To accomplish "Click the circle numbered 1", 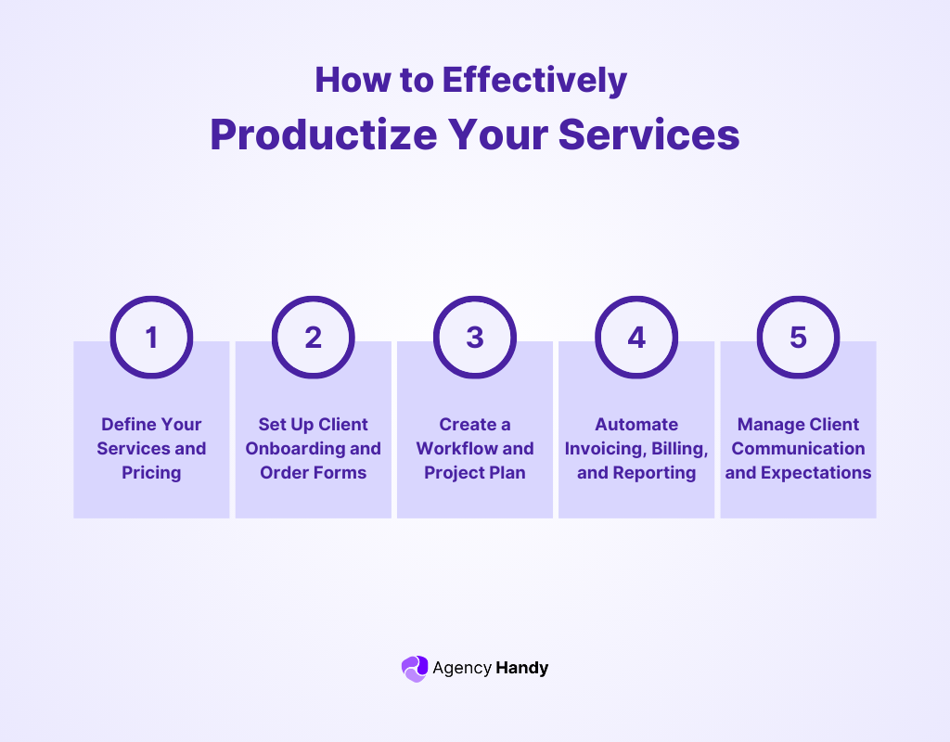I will click(x=151, y=337).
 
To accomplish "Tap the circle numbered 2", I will click(x=313, y=337).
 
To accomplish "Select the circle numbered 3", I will click(x=475, y=337).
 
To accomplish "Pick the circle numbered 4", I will click(x=636, y=337).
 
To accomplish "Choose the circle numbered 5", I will click(x=798, y=337).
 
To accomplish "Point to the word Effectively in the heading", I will click(x=534, y=80).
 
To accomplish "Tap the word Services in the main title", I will click(x=649, y=134).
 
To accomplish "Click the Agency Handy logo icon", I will click(x=414, y=668).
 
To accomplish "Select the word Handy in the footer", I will click(x=522, y=668).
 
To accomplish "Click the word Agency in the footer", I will click(x=462, y=668).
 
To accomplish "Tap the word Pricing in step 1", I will click(x=151, y=473).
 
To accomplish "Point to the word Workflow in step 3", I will click(x=451, y=449).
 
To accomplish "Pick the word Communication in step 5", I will click(x=798, y=449).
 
